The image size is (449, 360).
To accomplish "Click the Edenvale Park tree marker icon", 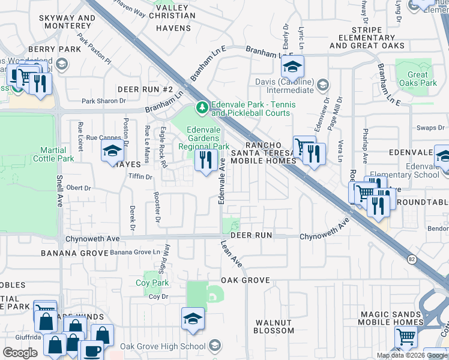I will (202, 108).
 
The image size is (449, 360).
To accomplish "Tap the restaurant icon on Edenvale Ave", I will (206, 160).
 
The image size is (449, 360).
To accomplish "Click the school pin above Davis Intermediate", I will (292, 66).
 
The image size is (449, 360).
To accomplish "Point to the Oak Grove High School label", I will (163, 346).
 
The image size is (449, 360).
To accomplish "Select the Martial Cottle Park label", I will (57, 154).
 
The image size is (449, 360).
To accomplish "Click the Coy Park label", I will (152, 283).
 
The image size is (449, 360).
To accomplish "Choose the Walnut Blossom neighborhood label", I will (274, 326).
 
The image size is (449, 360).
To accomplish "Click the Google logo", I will (20, 353).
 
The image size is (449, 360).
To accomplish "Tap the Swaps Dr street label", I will (433, 128).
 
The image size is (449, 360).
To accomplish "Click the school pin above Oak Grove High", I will (193, 319).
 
